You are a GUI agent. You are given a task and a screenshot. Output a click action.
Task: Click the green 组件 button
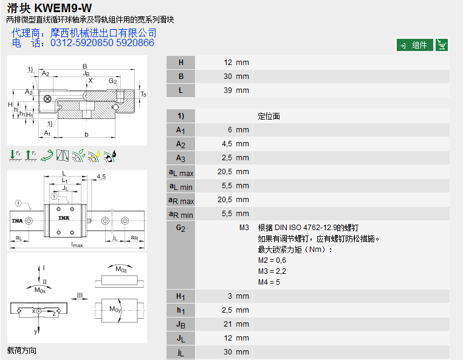[x=415, y=45]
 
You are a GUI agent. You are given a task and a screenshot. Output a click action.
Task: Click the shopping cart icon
[x=442, y=45]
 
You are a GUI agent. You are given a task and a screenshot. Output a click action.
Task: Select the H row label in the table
[x=180, y=63]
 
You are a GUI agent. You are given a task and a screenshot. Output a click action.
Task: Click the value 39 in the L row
[x=228, y=90]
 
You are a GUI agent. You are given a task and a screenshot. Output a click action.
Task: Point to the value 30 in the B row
[x=228, y=76]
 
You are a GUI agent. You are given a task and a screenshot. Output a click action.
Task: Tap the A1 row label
[x=180, y=130]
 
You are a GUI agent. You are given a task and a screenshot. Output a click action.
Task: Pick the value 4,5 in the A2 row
[x=226, y=144]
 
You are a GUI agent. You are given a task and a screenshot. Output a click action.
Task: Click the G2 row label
[x=180, y=228]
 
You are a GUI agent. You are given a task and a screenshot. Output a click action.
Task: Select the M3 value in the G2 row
[x=244, y=228]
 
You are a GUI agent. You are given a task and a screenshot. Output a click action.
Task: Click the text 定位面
[x=269, y=116]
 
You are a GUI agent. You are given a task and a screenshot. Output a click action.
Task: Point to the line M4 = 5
[x=270, y=282]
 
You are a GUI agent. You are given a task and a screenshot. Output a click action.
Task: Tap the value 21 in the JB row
[x=228, y=324]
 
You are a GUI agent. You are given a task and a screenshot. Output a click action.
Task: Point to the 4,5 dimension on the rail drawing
[x=101, y=177]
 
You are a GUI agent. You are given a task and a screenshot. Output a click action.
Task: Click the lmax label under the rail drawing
[x=77, y=245]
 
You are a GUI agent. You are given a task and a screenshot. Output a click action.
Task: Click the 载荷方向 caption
[x=22, y=350]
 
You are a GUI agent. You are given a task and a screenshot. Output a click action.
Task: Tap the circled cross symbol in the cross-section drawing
[x=47, y=98]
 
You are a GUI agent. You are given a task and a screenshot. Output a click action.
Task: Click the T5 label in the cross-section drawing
[x=143, y=95]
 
